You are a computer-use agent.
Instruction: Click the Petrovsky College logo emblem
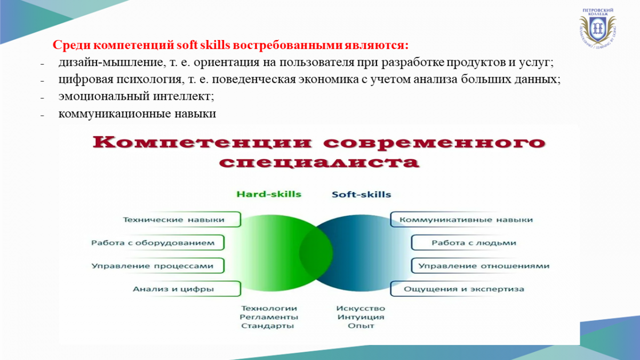point(597,28)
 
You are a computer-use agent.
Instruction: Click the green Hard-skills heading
point(269,194)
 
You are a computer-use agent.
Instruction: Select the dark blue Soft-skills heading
point(361,195)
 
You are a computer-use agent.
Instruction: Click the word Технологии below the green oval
point(269,308)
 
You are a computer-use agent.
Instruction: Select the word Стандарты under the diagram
point(267,326)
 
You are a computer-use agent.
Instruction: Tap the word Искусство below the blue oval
point(361,308)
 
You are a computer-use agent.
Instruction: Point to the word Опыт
point(361,326)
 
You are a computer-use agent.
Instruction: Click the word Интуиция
point(361,317)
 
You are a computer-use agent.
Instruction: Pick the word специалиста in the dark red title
point(319,162)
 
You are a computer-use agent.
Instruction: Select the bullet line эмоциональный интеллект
point(137,97)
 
